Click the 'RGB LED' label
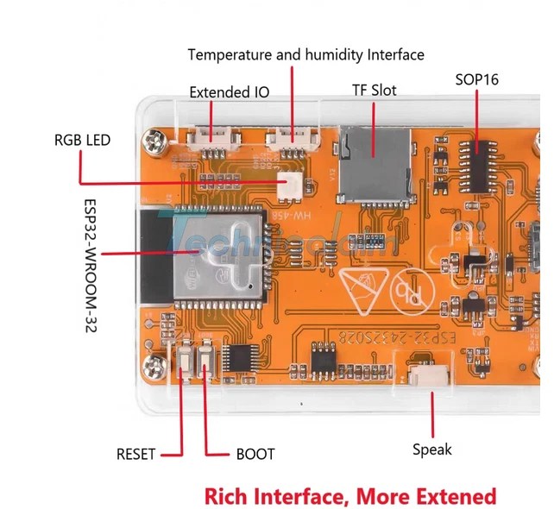coord(82,139)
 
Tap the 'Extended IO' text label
coord(229,92)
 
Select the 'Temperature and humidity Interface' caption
coord(305,54)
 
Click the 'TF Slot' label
coord(374,90)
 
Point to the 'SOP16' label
coord(476,79)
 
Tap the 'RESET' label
coord(136,454)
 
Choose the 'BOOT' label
coord(255,454)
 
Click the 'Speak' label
coord(431,449)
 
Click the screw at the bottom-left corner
coord(156,368)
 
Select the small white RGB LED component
coord(285,185)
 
